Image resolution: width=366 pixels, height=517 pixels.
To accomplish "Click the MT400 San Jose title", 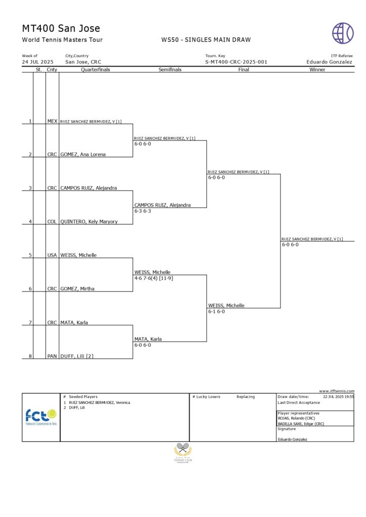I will [61, 28].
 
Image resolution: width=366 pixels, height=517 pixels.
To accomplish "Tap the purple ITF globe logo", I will [343, 33].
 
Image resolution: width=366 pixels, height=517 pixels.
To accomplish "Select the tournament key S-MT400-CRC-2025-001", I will [236, 62].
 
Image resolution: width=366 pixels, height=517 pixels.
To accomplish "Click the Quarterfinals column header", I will [95, 70].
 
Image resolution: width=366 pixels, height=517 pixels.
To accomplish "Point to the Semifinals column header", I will [169, 70].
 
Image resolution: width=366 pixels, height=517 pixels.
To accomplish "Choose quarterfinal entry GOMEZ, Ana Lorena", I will [83, 154].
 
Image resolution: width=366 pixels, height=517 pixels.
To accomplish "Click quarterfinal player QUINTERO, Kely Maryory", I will [89, 222].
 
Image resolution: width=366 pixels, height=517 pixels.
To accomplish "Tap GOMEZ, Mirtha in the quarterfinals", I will [77, 289].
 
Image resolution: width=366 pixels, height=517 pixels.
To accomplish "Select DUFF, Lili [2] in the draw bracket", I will [77, 356].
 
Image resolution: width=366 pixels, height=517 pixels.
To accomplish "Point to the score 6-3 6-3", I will [143, 211].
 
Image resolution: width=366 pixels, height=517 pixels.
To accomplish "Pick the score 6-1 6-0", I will [216, 312].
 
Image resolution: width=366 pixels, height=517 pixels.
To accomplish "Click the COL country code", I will [52, 222].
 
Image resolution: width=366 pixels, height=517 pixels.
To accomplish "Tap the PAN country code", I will [52, 356].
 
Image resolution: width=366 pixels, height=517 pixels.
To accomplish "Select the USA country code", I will [52, 255].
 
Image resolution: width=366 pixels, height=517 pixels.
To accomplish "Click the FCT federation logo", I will [41, 417].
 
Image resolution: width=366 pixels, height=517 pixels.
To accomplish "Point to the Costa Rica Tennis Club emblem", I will [183, 452].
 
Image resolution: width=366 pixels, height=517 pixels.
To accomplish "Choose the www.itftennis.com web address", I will [337, 391].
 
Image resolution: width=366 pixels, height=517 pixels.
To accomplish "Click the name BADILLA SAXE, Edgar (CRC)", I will [301, 424].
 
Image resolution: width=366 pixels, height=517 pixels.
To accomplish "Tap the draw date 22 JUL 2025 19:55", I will [339, 397].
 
